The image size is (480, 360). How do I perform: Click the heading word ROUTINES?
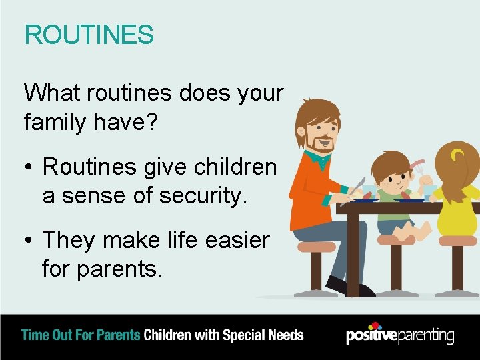[89, 35]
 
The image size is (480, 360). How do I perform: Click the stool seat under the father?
[317, 247]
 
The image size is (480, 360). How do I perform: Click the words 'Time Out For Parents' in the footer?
[81, 335]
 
